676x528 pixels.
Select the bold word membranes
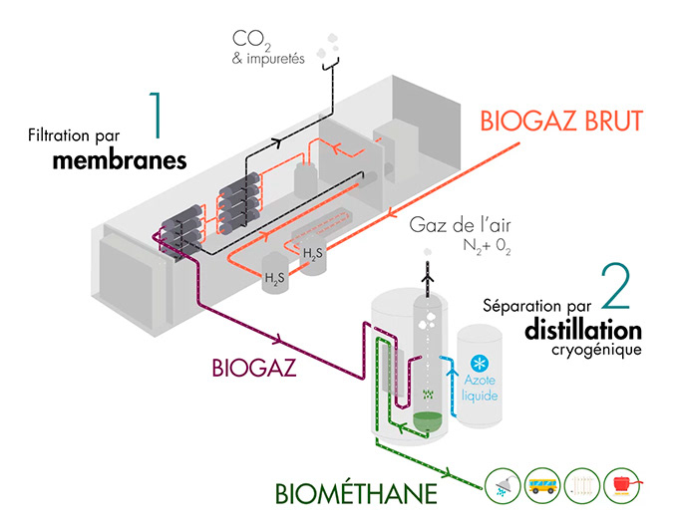(120, 159)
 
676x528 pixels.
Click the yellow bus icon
(543, 486)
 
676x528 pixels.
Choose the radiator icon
(584, 486)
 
